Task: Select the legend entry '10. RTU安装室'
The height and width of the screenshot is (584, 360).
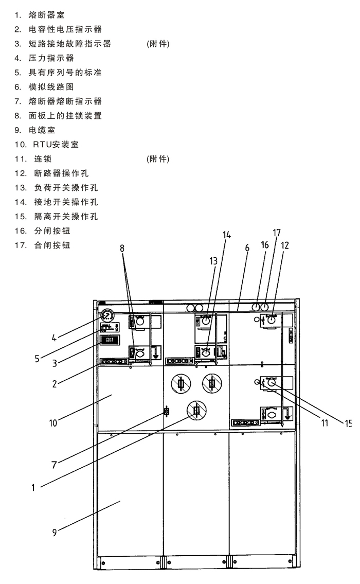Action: point(47,145)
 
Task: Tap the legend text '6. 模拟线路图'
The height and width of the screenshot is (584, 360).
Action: point(44,87)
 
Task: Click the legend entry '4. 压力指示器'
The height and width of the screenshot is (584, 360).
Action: point(44,58)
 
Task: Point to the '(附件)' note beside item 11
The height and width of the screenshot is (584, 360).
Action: point(158,159)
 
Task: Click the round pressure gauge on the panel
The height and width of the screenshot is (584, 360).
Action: point(107,315)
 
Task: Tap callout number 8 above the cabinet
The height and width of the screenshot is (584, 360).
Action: point(122,248)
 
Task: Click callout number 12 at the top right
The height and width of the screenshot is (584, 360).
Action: point(285,245)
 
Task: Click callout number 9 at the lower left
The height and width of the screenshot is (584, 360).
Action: point(54,533)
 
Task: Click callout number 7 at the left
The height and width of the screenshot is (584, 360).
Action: point(54,464)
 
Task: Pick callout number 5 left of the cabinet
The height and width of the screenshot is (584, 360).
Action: point(37,358)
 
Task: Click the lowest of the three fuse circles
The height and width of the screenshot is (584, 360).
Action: point(196,410)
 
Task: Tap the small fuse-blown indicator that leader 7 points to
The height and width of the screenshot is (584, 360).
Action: point(166,411)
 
